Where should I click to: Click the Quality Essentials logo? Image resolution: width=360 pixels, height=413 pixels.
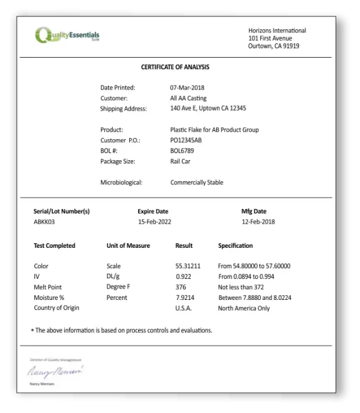pos(67,35)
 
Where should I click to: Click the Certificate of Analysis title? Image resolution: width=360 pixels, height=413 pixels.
pos(175,67)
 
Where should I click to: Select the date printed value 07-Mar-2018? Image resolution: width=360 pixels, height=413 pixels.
pos(187,88)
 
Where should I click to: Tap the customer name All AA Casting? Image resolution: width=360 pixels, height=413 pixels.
pos(188,98)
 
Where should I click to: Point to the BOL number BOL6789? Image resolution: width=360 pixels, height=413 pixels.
pos(182,151)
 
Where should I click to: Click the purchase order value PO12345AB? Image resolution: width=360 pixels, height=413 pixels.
pos(186,140)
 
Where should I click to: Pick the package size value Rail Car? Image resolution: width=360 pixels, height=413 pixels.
pos(180,161)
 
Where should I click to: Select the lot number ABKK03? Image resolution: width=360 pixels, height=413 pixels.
pos(45,222)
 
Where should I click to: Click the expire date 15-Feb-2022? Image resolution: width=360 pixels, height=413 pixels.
pos(155,222)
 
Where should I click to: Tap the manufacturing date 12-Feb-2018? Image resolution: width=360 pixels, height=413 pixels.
pos(258,222)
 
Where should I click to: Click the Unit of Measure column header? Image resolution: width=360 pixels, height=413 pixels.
pos(128,246)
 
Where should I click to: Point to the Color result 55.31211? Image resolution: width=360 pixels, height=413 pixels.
pos(188,266)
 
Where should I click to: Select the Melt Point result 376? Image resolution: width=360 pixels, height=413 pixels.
pos(181,287)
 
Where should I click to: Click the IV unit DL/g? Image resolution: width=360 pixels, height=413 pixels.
pos(113,277)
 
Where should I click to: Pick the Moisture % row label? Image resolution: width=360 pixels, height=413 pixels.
pos(49,297)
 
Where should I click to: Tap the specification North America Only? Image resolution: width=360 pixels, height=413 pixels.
pos(244,308)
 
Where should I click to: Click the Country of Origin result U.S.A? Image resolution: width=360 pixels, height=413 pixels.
pos(183,308)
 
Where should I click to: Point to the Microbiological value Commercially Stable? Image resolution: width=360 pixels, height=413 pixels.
pos(197,182)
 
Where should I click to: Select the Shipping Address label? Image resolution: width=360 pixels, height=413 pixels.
pos(123,109)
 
